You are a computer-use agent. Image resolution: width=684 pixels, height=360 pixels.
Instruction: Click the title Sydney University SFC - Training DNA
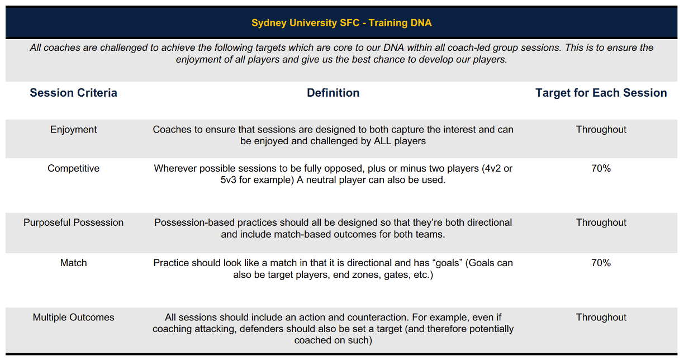pos(341,23)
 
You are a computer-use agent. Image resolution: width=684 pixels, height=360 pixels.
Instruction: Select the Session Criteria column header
pos(73,93)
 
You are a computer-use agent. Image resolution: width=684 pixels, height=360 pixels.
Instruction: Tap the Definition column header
pos(333,93)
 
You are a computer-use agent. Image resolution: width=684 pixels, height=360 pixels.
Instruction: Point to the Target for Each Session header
pos(601,93)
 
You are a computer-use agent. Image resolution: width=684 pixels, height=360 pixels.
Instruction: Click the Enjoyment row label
pos(73,130)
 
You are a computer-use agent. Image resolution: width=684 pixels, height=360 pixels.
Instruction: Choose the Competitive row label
pos(73,168)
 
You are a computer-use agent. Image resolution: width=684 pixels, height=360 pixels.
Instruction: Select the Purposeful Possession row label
pos(73,222)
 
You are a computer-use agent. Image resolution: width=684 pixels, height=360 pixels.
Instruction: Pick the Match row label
pos(73,263)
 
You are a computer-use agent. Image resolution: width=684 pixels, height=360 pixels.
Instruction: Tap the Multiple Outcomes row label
pos(73,318)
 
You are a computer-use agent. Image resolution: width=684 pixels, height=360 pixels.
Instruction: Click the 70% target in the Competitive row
pos(601,168)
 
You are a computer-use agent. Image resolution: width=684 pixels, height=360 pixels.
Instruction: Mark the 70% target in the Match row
pos(601,263)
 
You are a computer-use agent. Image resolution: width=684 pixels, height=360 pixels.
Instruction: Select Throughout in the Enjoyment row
pos(601,130)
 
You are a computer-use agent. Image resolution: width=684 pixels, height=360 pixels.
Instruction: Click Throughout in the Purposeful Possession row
pos(601,222)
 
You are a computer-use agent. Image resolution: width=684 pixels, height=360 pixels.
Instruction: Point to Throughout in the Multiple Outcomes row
pos(601,318)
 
